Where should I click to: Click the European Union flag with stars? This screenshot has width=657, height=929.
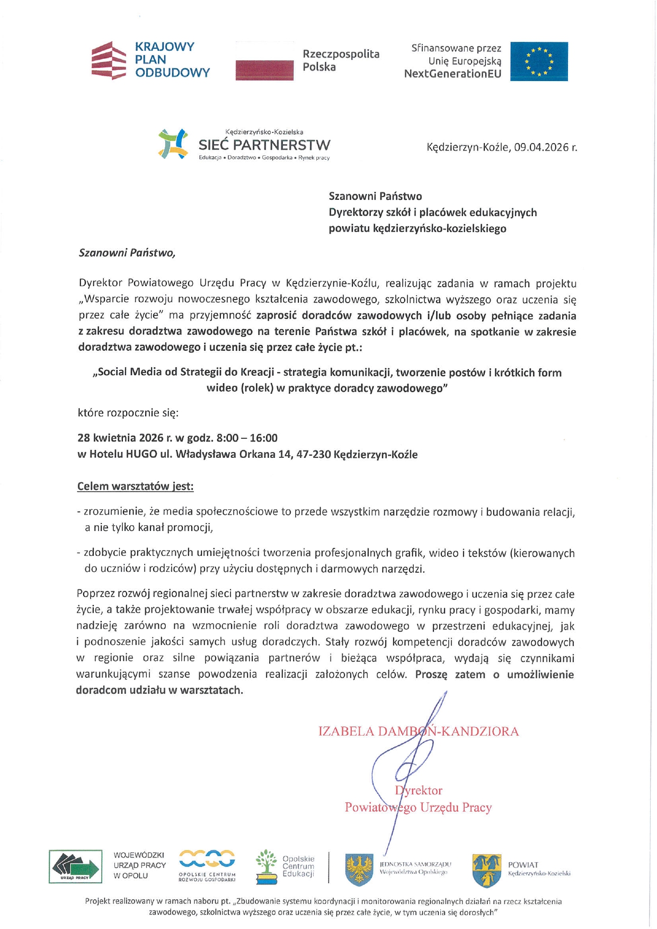point(539,61)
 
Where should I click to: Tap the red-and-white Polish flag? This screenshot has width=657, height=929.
point(264,61)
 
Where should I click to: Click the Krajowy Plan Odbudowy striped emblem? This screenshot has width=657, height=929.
point(109,60)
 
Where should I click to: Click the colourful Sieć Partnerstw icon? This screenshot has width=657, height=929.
point(173,144)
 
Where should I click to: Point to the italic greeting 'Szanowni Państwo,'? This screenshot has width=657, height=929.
point(127,253)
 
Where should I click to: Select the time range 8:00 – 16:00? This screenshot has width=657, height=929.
point(247,438)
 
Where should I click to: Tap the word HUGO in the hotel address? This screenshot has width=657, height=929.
point(141,454)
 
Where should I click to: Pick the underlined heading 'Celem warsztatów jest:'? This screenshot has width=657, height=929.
point(135,486)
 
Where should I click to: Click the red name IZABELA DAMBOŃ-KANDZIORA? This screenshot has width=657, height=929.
point(419,732)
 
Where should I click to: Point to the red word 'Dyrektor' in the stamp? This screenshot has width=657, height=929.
point(419,791)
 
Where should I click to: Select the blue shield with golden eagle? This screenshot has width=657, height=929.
point(359,870)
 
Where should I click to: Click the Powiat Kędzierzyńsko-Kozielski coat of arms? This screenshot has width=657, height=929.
point(487,870)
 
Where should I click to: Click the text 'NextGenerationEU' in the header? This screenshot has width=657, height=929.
point(452,74)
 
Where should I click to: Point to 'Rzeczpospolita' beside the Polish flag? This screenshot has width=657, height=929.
point(341,54)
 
